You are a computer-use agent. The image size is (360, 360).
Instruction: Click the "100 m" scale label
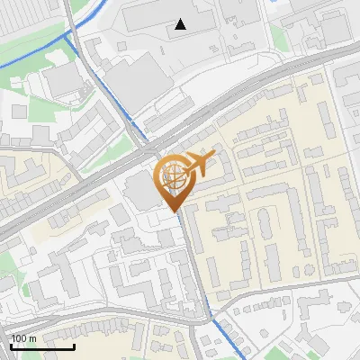click(23, 337)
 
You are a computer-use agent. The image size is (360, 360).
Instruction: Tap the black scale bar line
click(42, 346)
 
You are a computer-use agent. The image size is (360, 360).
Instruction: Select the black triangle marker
click(181, 24)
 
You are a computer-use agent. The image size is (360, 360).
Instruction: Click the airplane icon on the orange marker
click(200, 162)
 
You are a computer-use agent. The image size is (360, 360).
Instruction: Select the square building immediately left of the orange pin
click(139, 190)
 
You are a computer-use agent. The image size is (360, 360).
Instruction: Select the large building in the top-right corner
click(335, 27)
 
